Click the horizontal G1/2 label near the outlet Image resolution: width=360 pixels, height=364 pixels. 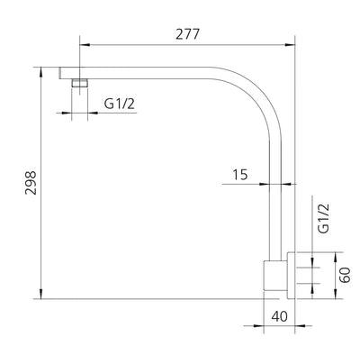(x=119, y=104)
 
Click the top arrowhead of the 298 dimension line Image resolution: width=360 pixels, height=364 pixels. (x=42, y=70)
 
